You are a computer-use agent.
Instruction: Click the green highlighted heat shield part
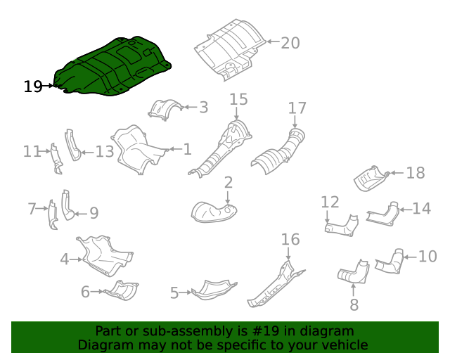112,67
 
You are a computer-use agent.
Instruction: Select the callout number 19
32,86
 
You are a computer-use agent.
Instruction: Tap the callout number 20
290,43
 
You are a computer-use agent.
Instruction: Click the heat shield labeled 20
229,49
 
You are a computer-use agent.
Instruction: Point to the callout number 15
238,98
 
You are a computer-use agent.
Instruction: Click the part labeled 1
137,149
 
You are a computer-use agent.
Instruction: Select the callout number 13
104,151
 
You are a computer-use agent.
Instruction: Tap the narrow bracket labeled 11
56,158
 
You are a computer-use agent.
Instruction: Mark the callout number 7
32,209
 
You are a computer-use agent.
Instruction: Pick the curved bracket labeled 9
67,205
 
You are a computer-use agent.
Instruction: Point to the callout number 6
85,291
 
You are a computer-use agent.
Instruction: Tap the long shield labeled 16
274,285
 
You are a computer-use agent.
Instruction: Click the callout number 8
354,305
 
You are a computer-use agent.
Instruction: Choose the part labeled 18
371,179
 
